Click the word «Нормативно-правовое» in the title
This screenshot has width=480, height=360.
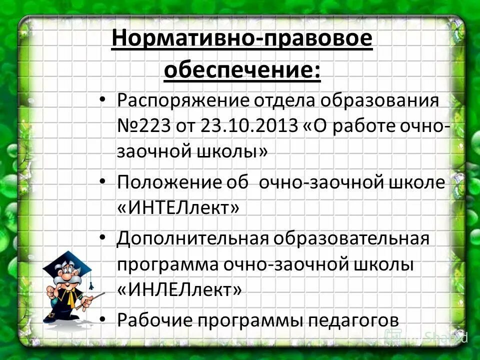[242, 39]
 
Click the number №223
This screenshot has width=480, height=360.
[143, 125]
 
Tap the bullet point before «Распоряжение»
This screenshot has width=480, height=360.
[103, 99]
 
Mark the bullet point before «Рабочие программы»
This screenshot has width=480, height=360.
[103, 318]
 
